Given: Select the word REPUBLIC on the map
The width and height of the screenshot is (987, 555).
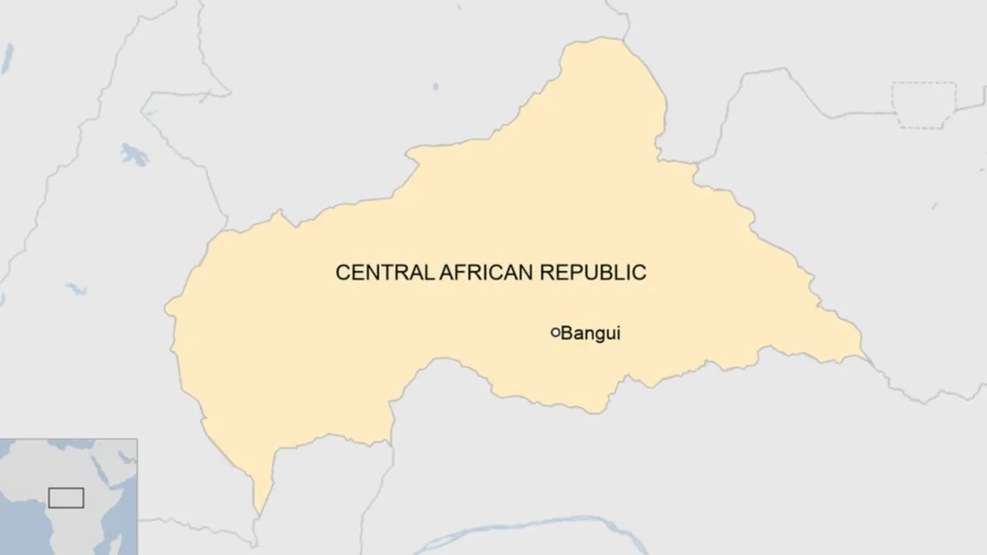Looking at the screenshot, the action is click(593, 273).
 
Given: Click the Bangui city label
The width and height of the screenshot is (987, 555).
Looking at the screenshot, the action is click(590, 332).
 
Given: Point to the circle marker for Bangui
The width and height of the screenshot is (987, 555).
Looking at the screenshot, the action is click(556, 332).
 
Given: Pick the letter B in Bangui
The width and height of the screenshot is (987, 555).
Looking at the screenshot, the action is click(566, 332).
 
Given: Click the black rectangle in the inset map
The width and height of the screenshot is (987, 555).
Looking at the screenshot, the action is click(66, 497).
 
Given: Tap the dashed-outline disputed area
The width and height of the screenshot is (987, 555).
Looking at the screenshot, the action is click(923, 104).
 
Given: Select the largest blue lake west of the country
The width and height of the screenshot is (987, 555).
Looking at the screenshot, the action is click(134, 155).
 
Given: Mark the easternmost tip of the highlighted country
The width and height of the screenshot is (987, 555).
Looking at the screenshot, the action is click(864, 354).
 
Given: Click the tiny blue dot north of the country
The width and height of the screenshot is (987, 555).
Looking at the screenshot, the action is click(435, 86).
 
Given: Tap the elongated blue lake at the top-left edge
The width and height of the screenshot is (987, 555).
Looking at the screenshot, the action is click(8, 58).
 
